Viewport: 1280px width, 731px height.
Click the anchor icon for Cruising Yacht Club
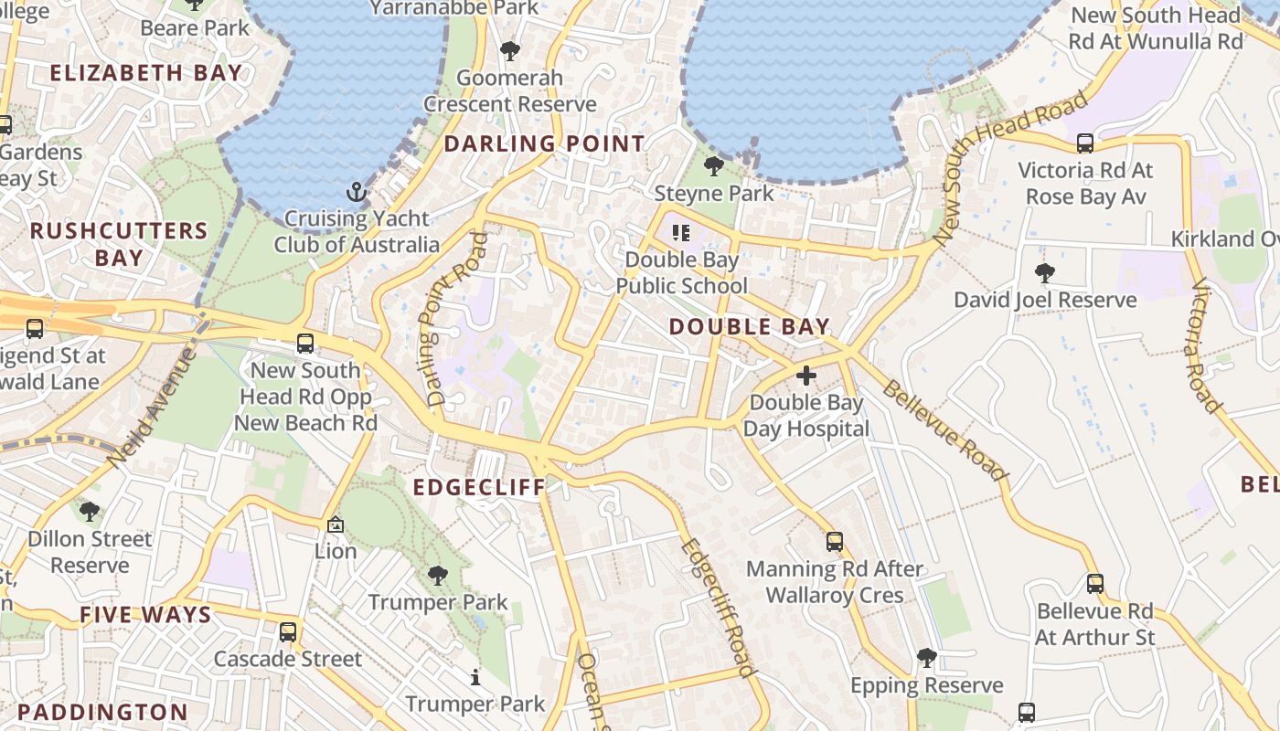pos(356,192)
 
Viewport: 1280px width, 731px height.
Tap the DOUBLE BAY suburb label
pos(749,326)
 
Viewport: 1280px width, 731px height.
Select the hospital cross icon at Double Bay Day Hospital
pos(806,375)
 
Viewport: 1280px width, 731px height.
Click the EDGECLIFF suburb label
pos(479,487)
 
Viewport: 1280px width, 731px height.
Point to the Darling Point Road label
pos(453,319)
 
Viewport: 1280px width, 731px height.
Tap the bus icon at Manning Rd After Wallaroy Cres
pos(834,541)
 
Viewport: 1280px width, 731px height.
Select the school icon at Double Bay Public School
pos(681,233)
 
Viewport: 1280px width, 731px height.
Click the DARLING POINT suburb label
pos(544,143)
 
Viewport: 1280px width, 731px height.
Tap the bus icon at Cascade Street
pos(288,631)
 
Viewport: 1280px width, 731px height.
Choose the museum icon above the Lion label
pos(336,524)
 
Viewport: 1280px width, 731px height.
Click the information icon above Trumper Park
pos(475,677)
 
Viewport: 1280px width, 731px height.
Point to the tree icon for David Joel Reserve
pos(1045,272)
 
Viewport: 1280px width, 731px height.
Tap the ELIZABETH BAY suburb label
pos(146,73)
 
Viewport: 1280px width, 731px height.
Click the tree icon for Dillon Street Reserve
pos(90,512)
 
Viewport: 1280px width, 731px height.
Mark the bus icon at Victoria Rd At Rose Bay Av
pos(1085,143)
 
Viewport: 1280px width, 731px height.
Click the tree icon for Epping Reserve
pos(927,658)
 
